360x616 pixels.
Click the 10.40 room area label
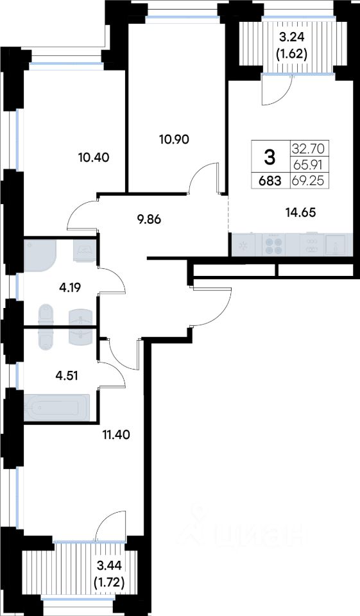(94, 158)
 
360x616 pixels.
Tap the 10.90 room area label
(174, 139)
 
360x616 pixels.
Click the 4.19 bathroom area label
(69, 288)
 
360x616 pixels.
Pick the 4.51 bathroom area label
(67, 375)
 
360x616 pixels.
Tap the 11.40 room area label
(115, 434)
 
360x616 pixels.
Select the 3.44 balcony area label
(110, 566)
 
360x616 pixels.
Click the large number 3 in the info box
(270, 158)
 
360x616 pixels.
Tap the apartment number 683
(270, 181)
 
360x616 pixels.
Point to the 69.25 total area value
(309, 181)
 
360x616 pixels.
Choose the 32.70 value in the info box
(309, 149)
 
